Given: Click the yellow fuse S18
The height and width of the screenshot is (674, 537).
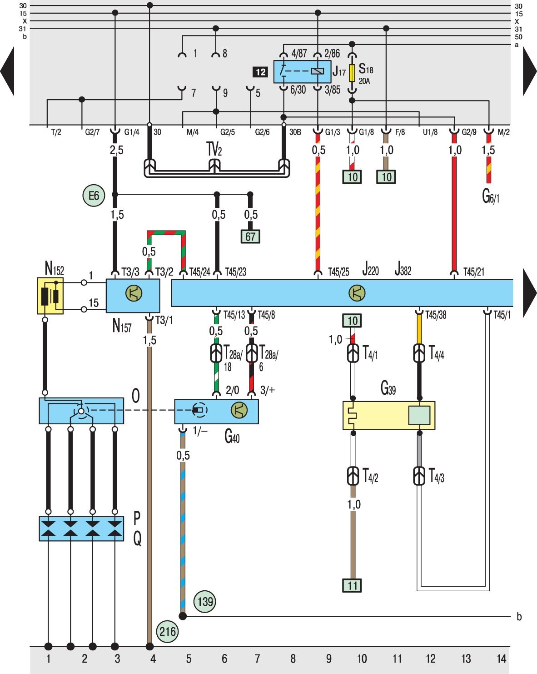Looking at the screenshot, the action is (x=352, y=73).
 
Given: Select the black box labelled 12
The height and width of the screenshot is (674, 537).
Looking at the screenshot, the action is (x=260, y=72).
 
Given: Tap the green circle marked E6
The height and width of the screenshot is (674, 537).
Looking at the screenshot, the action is (x=94, y=196).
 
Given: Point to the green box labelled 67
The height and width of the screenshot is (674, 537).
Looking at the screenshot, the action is (x=250, y=236).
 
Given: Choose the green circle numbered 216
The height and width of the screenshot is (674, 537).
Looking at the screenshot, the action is (x=168, y=631).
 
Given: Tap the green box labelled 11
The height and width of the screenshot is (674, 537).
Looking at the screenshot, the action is (x=352, y=585).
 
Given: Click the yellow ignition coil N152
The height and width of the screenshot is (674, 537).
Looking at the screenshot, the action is (x=50, y=296).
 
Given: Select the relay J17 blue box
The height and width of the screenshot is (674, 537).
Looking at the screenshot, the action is (x=302, y=72).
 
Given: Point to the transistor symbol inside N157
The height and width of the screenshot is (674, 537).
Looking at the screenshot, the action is (x=134, y=293).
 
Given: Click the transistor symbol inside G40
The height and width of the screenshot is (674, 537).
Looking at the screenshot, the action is (x=239, y=410).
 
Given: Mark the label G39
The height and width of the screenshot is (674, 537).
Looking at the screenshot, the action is (x=388, y=388).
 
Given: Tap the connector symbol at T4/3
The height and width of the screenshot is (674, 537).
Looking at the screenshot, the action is (x=419, y=476).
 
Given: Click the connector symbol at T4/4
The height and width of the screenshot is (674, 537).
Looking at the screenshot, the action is (x=419, y=353).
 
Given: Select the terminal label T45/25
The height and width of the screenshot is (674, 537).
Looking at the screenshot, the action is (x=338, y=272).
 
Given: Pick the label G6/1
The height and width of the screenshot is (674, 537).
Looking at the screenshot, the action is (x=490, y=197).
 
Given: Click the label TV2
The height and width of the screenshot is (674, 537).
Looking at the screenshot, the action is (x=214, y=149).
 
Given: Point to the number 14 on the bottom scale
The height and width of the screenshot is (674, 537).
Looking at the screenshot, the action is (x=501, y=659).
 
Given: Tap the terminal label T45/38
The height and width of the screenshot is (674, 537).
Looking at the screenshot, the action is (x=436, y=315).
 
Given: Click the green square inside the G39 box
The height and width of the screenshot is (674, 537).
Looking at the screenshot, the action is (x=419, y=415).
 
